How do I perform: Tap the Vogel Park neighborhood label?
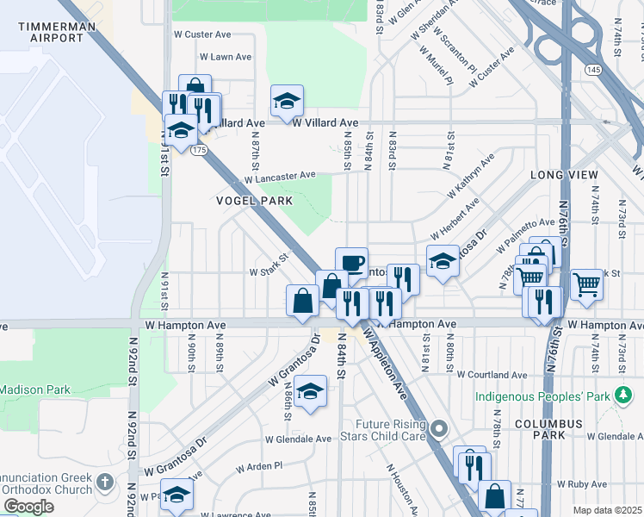coord(255,201)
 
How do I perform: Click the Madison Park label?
coord(34,389)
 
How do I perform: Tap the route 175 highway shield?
coord(200,150)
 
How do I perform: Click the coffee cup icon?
coord(350,263)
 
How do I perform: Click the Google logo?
coord(29,507)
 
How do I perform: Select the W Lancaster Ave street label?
coord(280,176)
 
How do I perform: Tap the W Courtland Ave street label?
coord(492,375)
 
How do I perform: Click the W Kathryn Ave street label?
coord(470,174)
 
